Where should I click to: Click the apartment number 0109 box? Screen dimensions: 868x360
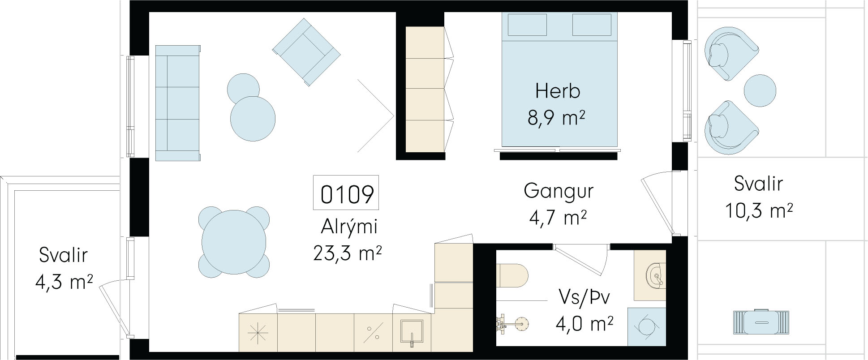coord(346,193)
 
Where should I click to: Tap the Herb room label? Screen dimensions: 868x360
coord(558,91)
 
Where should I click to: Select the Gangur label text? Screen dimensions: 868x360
coord(559,191)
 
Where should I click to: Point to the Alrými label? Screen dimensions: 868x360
coord(349,226)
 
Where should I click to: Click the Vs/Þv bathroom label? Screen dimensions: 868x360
coord(584,297)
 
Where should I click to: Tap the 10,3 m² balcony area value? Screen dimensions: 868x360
coord(759,210)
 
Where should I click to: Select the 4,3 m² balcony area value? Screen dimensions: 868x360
coord(64,282)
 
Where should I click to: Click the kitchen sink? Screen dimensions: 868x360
coord(411,332)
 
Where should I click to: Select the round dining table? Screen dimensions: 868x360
coord(234,242)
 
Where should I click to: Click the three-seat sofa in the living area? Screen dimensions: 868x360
coord(177,103)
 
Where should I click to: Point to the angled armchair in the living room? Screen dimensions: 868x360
coord(306,52)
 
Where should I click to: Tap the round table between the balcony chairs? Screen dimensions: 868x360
coord(760,90)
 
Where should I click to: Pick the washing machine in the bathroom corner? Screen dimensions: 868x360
coord(646,326)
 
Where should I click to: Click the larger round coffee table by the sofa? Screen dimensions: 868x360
coord(253,119)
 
